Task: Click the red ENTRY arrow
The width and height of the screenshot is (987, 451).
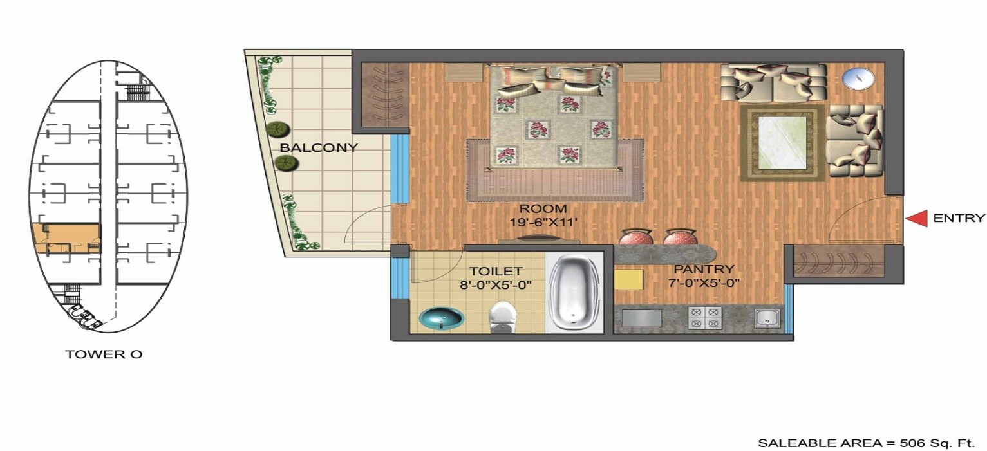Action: click(x=916, y=219)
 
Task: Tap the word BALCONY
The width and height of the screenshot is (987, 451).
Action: click(x=318, y=147)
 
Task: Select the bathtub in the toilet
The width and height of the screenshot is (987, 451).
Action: click(x=575, y=292)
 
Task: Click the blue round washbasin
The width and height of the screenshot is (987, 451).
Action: click(x=440, y=317)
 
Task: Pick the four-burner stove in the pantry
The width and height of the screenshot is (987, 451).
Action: click(x=705, y=318)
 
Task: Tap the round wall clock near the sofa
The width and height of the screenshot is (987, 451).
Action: click(x=858, y=79)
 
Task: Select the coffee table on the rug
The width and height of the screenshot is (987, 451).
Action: click(x=782, y=143)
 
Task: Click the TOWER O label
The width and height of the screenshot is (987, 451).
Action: click(x=104, y=354)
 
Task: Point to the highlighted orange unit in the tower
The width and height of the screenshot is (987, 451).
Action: click(x=66, y=239)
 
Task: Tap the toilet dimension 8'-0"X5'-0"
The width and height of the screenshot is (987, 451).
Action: click(x=495, y=284)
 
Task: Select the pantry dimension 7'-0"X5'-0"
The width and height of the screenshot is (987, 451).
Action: click(x=704, y=282)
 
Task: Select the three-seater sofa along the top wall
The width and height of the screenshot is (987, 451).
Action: click(x=773, y=82)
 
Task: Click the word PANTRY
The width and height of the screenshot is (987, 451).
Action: click(x=704, y=269)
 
